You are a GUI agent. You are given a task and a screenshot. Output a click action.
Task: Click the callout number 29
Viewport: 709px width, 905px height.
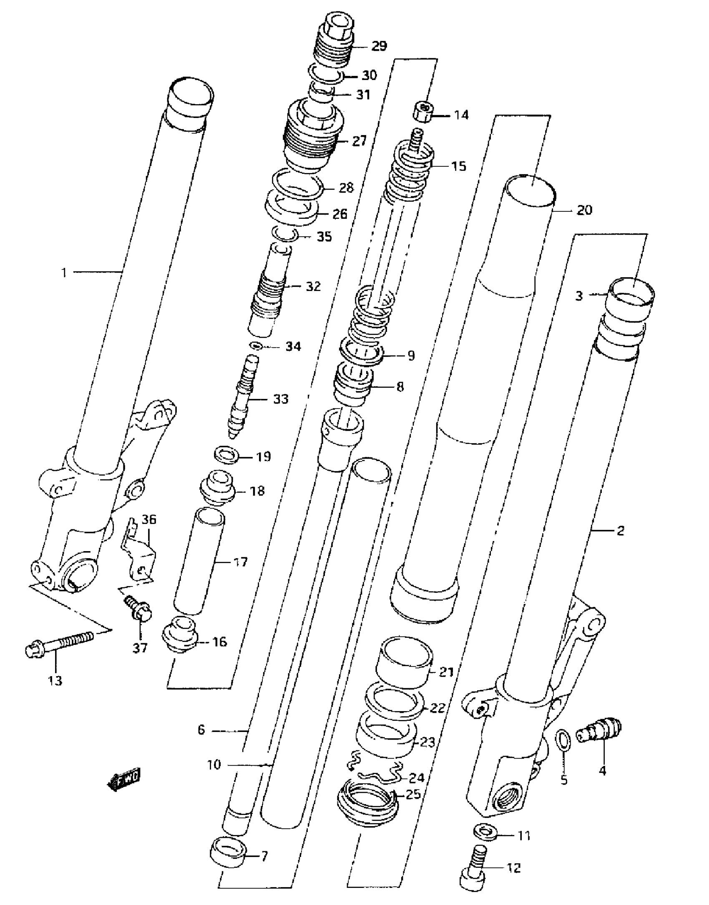point(379,46)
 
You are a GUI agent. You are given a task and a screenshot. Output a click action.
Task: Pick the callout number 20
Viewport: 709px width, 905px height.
point(584,210)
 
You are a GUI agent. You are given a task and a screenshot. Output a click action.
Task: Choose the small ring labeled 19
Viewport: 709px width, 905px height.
point(226,455)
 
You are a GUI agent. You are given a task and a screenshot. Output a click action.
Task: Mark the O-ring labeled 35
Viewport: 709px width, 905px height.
point(285,234)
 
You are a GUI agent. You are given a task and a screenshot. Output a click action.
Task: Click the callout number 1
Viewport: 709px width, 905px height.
point(64,273)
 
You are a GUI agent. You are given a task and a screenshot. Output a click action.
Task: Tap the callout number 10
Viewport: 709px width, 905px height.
point(214,765)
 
